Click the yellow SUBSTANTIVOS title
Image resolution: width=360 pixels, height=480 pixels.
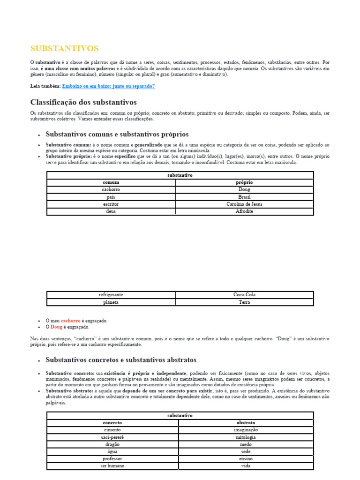point(64,49)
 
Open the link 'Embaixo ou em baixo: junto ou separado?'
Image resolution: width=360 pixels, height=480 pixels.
point(108,86)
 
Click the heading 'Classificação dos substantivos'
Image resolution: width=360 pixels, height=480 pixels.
point(83,102)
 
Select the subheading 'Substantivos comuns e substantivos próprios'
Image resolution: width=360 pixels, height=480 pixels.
point(117,134)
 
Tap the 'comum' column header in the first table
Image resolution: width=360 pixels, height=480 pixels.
point(111,182)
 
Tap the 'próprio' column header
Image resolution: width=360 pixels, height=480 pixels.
point(244,182)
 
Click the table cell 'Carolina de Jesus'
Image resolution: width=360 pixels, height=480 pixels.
point(244,204)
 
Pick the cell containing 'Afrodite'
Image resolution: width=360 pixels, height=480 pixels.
point(244,211)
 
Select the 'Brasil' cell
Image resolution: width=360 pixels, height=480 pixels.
point(244,197)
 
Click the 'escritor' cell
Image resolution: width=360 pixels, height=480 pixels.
point(111,204)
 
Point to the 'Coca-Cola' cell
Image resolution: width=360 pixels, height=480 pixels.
point(244,295)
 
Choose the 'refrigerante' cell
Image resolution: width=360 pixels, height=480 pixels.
point(111,295)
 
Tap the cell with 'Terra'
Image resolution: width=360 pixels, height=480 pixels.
point(244,302)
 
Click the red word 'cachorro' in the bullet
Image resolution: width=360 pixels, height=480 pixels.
point(71,321)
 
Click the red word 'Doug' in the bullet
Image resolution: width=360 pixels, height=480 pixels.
point(56,327)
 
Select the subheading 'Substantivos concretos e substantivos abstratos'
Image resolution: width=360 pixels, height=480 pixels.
point(121,360)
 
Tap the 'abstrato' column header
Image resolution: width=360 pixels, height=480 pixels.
point(246,422)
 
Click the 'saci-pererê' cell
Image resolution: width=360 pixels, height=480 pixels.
point(112,437)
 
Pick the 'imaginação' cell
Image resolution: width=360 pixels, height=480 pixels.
point(246,430)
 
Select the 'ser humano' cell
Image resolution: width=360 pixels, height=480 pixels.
point(112,466)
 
